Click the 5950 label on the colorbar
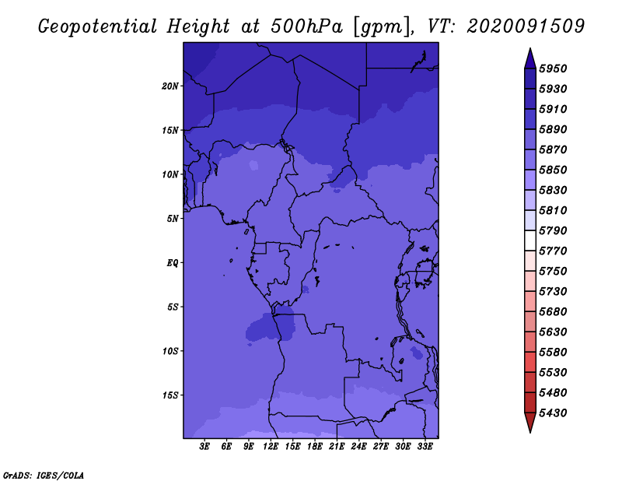click(x=553, y=68)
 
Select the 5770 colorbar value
click(x=553, y=251)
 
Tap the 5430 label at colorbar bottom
click(x=553, y=413)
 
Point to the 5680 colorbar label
click(x=553, y=312)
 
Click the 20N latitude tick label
click(x=170, y=86)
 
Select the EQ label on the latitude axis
click(x=173, y=263)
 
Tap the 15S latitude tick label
click(x=170, y=395)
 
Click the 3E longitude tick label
click(x=204, y=447)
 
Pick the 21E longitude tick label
click(x=337, y=447)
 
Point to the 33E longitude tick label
click(x=425, y=447)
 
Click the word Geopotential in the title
click(x=98, y=26)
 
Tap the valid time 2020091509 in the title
click(x=526, y=26)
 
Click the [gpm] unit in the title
click(x=381, y=27)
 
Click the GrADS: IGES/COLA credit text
click(x=44, y=475)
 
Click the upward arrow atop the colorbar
click(x=530, y=58)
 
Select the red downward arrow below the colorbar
click(x=530, y=423)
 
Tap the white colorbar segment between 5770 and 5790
click(x=530, y=240)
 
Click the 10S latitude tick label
click(x=170, y=351)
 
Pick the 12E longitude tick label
click(x=271, y=447)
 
